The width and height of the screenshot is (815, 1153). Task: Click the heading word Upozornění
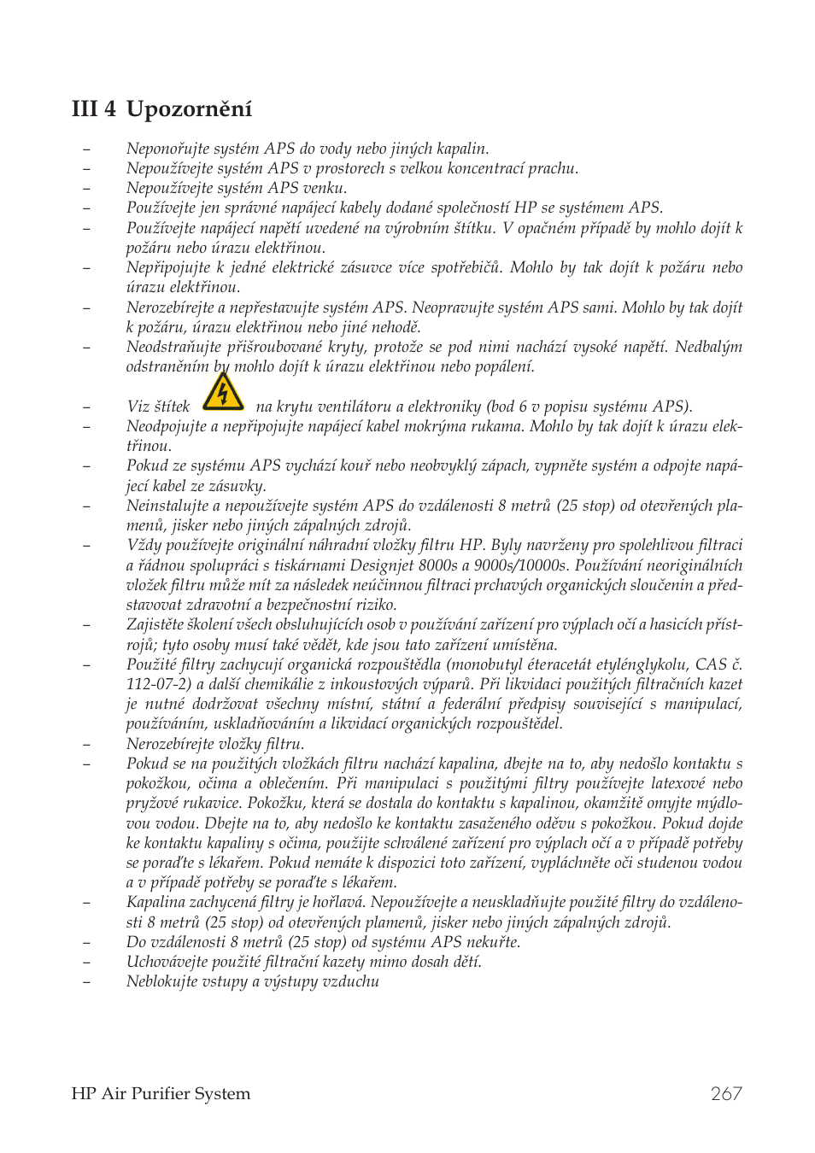[x=189, y=109]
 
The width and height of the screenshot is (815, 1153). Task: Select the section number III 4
[x=94, y=109]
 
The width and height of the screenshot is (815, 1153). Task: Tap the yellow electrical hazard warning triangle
[x=223, y=392]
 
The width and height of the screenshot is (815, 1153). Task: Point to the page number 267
[x=726, y=1093]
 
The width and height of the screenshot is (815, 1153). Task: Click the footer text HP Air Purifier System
[x=161, y=1093]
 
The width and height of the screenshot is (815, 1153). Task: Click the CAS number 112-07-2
[x=158, y=684]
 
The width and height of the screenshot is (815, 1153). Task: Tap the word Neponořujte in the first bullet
[x=167, y=149]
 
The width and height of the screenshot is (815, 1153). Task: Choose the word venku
[x=324, y=188]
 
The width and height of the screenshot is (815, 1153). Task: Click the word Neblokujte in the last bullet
[x=162, y=981]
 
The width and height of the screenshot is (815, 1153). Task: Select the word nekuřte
[x=493, y=942]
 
